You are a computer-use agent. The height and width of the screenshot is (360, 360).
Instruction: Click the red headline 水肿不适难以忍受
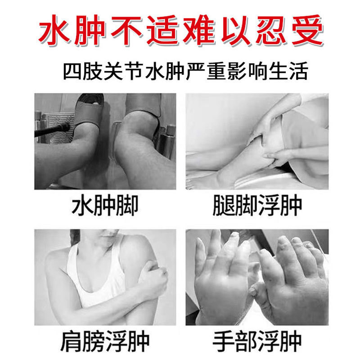pyautogui.click(x=180, y=31)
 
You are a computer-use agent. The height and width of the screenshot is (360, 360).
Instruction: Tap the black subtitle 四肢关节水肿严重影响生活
pyautogui.click(x=180, y=72)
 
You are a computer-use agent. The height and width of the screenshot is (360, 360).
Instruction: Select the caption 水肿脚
pyautogui.click(x=105, y=207)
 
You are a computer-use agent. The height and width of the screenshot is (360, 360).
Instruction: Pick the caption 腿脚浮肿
pyautogui.click(x=256, y=207)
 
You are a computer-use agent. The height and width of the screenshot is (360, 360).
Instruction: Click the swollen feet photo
pyautogui.click(x=105, y=141)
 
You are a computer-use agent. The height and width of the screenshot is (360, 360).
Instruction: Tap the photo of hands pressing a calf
pyautogui.click(x=256, y=141)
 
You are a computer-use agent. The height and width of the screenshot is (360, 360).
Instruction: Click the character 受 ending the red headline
pyautogui.click(x=306, y=31)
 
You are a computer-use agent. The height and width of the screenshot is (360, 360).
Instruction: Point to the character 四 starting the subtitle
pyautogui.click(x=74, y=72)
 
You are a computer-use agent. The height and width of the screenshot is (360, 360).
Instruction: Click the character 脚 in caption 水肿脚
pyautogui.click(x=127, y=207)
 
